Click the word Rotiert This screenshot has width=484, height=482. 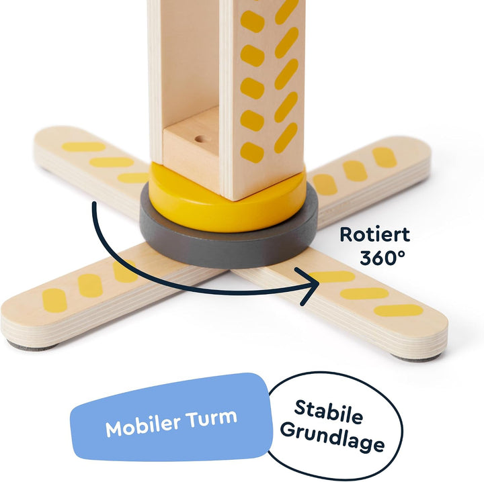[x=374, y=234]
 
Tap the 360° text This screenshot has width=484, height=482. [x=382, y=258]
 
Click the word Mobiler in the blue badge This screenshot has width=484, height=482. [x=143, y=426]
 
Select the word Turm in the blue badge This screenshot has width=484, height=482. [x=212, y=418]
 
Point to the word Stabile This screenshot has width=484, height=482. [x=329, y=412]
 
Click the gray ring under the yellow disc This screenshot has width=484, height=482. [x=229, y=246]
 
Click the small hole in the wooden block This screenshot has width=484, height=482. [x=201, y=140]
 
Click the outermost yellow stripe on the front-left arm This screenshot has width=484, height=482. [x=54, y=301]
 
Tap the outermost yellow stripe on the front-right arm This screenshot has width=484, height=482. [x=398, y=310]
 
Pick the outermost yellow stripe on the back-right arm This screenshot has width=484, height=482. [x=385, y=158]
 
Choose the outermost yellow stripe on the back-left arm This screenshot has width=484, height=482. [x=83, y=147]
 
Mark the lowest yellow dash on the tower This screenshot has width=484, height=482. [x=252, y=152]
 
